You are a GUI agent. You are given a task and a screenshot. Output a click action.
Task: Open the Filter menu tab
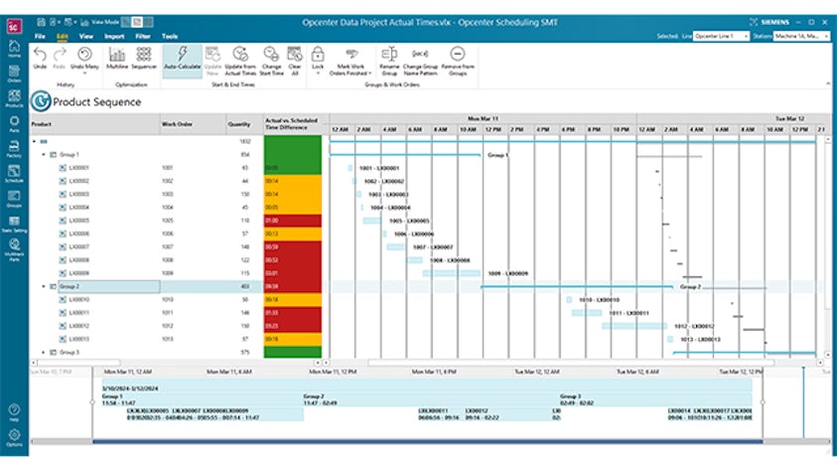(x=143, y=35)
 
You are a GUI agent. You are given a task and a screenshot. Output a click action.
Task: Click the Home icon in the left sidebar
(x=14, y=49)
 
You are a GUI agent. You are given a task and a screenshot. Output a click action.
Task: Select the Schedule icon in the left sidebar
(x=14, y=174)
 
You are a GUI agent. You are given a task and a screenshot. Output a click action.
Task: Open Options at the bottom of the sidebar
(x=14, y=438)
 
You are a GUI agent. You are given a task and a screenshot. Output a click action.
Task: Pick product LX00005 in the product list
(x=79, y=220)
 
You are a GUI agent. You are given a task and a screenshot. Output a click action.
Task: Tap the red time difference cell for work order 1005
(x=292, y=220)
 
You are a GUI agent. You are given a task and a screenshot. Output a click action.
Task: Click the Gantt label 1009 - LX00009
(x=507, y=272)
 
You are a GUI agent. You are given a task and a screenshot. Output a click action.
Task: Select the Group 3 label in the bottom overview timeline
(x=570, y=394)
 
